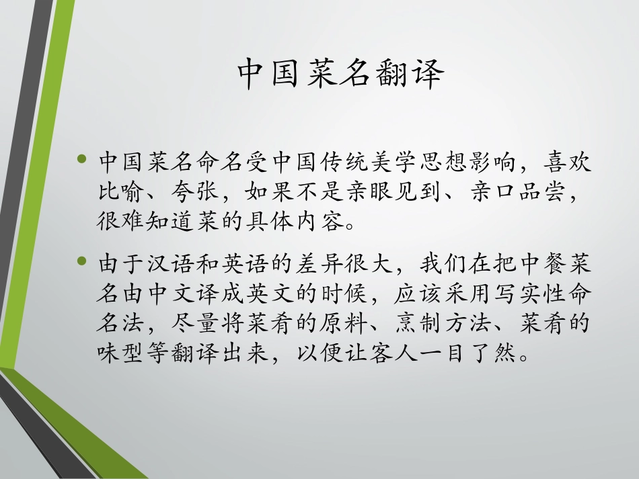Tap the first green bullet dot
coord(83,160)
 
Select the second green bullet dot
coord(83,260)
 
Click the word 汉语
coord(171,263)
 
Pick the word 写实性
coord(517,293)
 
